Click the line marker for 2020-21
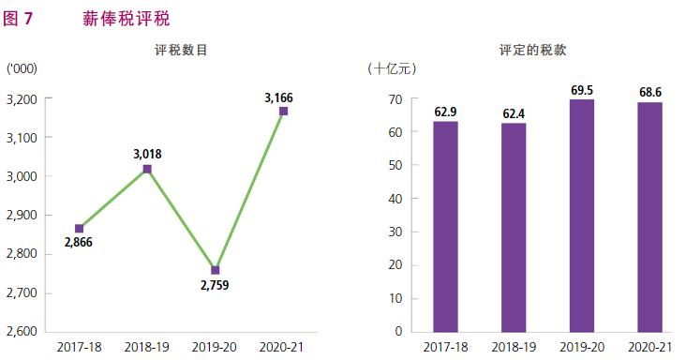(283, 112)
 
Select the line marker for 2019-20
(216, 270)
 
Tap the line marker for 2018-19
(147, 169)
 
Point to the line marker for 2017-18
(80, 228)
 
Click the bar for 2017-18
(445, 226)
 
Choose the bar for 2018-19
(514, 227)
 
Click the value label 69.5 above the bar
(581, 90)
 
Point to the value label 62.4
(514, 113)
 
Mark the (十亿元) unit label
(392, 68)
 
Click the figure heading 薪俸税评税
(127, 18)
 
